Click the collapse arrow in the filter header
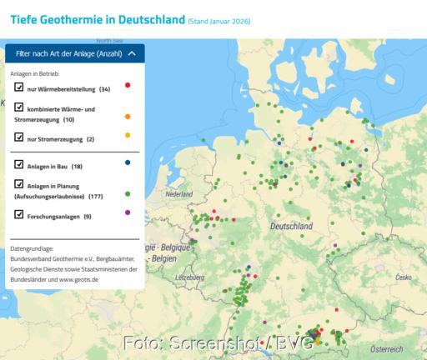(132, 53)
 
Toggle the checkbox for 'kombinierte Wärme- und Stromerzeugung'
(19, 108)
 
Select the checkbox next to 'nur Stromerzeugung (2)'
(19, 137)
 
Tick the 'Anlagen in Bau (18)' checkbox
(19, 165)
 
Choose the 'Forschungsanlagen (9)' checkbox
(19, 215)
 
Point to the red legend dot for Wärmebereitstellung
(127, 86)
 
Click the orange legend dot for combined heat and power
(127, 116)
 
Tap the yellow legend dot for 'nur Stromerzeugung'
(127, 136)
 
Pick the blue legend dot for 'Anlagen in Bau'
(127, 163)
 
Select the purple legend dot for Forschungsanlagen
(127, 213)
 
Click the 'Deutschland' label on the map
(292, 226)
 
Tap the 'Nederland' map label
(178, 194)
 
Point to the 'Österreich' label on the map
(386, 348)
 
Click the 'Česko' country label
(404, 276)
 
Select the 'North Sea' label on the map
(109, 40)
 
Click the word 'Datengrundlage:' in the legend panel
(33, 248)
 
